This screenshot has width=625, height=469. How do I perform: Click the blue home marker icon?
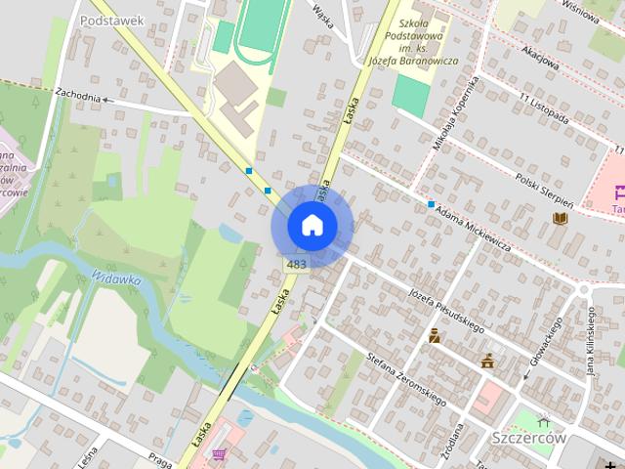pyautogui.click(x=312, y=226)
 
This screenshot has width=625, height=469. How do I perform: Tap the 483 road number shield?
pyautogui.click(x=297, y=265)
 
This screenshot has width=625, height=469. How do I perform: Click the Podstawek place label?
pyautogui.click(x=112, y=20)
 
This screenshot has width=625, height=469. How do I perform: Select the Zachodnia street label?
pyautogui.click(x=78, y=96)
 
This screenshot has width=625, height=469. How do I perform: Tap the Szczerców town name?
pyautogui.click(x=529, y=438)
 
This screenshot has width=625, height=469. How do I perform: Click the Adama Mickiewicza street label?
pyautogui.click(x=475, y=227)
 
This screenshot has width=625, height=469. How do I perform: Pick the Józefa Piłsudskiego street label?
pyautogui.click(x=446, y=311)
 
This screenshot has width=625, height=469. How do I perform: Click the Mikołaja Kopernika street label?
pyautogui.click(x=456, y=114)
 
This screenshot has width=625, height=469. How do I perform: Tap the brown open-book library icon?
pyautogui.click(x=560, y=219)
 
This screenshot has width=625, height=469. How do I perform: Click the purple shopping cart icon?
pyautogui.click(x=219, y=454)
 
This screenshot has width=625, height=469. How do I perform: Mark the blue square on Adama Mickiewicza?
pyautogui.click(x=431, y=204)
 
